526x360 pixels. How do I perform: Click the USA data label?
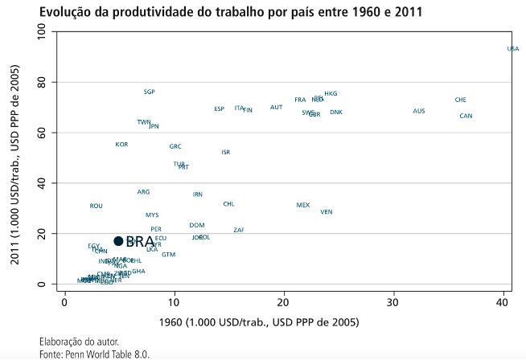point(513,49)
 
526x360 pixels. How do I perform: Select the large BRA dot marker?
point(118,241)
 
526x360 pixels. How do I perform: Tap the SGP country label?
point(150,92)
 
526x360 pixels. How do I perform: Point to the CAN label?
point(466,117)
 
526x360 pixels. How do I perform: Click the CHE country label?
point(460,100)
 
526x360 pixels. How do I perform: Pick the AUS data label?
point(418,111)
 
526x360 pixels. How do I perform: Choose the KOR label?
point(121,145)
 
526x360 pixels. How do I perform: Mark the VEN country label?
point(326,212)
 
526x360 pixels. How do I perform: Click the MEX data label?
point(302,205)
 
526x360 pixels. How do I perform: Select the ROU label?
point(97,207)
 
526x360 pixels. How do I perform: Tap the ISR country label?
point(226,152)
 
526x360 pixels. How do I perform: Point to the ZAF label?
point(239,231)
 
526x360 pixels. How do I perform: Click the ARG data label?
point(143,193)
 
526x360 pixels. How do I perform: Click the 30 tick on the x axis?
point(392,302)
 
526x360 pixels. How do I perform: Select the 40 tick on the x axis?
point(502,302)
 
